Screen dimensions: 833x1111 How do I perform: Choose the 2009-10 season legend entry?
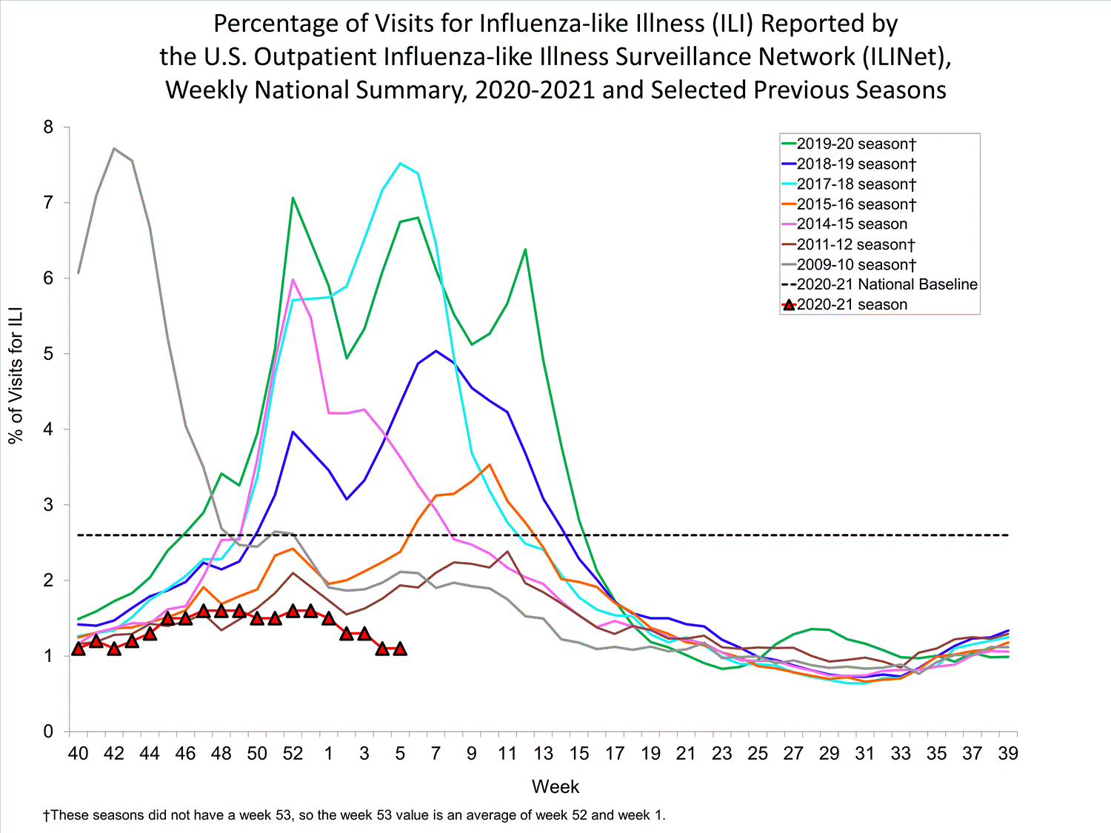click(856, 264)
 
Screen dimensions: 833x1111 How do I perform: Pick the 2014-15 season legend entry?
click(852, 224)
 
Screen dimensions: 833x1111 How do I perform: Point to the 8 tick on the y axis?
click(49, 127)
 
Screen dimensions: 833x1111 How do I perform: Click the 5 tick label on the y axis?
click(49, 354)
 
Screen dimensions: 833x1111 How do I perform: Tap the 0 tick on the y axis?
click(49, 732)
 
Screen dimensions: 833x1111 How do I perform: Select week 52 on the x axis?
click(293, 754)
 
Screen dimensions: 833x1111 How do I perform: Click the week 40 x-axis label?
click(78, 754)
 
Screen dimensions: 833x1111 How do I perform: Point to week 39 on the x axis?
click(1008, 754)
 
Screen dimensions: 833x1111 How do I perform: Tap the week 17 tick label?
click(615, 754)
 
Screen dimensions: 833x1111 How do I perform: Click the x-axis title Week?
click(555, 786)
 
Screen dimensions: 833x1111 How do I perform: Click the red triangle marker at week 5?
click(400, 649)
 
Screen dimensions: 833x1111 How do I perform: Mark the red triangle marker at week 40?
click(78, 649)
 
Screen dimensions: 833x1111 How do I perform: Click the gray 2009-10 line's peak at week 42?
click(114, 148)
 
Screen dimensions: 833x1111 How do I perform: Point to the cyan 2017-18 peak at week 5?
click(400, 163)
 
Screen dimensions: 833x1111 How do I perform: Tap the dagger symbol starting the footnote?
click(46, 815)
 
